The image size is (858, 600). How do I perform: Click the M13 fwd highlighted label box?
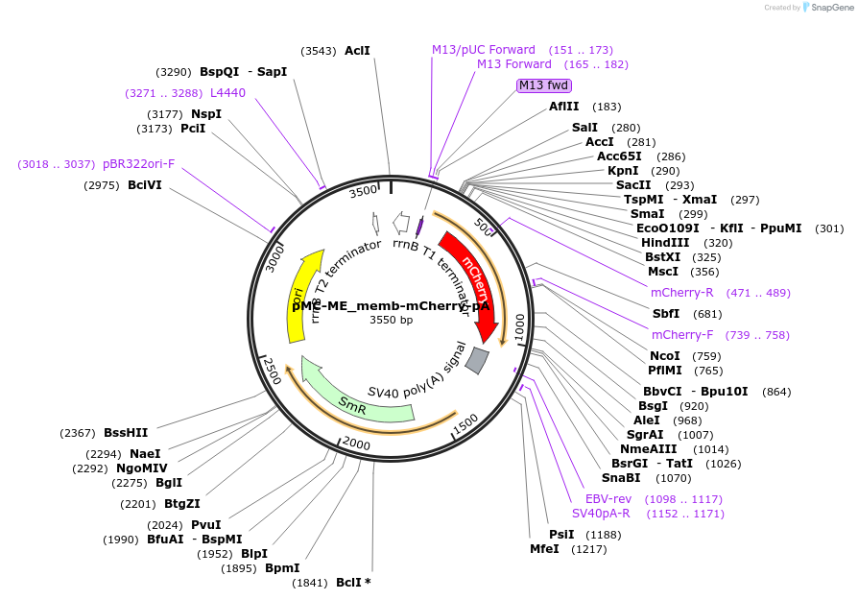tap(544, 85)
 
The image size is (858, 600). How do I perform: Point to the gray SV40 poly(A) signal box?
tap(477, 360)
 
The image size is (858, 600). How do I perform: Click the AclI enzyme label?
tap(357, 51)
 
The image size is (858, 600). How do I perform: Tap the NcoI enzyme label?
tap(665, 356)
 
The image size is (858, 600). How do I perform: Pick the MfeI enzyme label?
tap(545, 549)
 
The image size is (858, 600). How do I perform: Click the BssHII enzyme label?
tap(126, 433)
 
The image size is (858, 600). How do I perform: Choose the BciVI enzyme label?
tap(145, 185)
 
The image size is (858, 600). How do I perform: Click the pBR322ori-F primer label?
tap(139, 164)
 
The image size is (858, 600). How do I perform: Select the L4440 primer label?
tap(228, 93)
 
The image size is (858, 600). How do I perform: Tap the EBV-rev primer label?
tap(608, 499)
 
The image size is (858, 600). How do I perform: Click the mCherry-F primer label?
tap(680, 335)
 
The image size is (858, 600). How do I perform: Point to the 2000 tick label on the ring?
tap(356, 444)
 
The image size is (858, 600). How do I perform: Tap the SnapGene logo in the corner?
tap(824, 8)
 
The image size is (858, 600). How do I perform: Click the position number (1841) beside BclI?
tap(310, 583)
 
